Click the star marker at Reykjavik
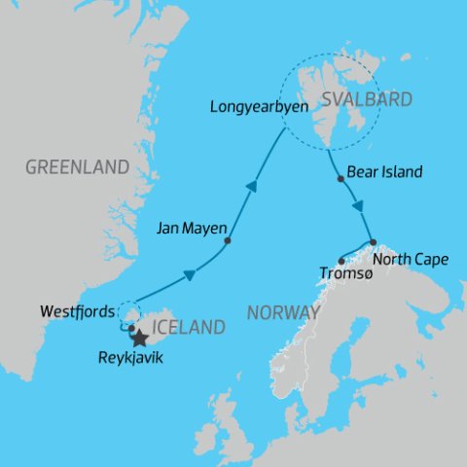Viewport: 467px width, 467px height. point(139,339)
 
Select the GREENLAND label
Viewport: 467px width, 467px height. point(77,167)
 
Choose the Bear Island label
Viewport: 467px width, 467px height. point(384,172)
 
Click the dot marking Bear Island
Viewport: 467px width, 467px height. point(339,179)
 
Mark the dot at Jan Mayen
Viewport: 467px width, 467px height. point(227,240)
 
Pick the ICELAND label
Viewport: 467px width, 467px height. point(184,327)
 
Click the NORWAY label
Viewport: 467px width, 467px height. point(283,313)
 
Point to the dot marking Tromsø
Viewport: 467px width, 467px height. point(340,260)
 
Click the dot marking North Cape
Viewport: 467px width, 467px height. point(373,241)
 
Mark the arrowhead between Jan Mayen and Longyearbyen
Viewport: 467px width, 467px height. point(251,187)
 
